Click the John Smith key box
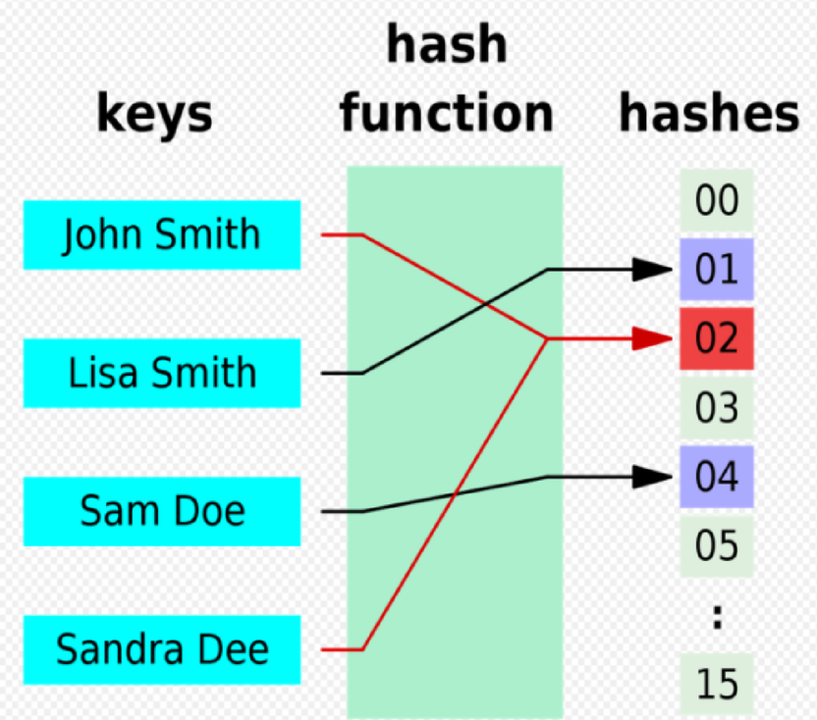[162, 235]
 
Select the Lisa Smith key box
[162, 373]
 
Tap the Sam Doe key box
[162, 511]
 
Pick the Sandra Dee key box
[162, 649]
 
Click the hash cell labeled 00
[716, 201]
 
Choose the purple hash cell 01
[716, 270]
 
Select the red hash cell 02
[716, 338]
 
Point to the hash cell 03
[716, 407]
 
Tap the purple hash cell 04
[716, 477]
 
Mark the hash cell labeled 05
[716, 545]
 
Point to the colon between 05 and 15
[717, 616]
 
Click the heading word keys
[154, 114]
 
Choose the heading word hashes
[708, 114]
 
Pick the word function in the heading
[447, 114]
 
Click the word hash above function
[447, 47]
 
